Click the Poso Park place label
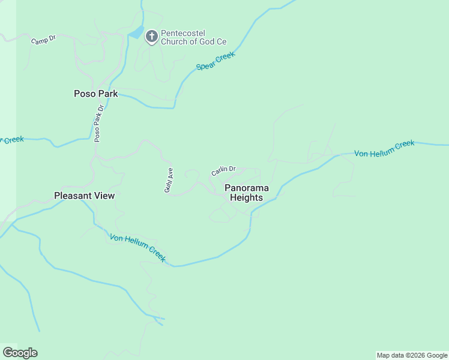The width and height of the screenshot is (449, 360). click(95, 94)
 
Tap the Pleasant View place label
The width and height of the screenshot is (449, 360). click(84, 196)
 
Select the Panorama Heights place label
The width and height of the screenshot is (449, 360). click(247, 193)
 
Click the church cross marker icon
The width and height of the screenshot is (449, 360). click(152, 37)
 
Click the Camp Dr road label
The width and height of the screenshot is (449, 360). click(43, 40)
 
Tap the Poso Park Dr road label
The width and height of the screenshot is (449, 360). click(99, 123)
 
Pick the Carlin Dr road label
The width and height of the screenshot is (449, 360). click(223, 171)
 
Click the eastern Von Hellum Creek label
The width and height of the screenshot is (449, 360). click(384, 149)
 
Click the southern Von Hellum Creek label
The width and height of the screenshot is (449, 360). click(137, 247)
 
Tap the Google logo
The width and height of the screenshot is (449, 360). click(20, 353)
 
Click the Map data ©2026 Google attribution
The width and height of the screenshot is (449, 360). click(412, 355)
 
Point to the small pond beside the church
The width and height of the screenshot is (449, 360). click(137, 32)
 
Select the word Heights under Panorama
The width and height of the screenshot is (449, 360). click(247, 198)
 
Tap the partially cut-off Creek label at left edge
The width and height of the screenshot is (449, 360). click(12, 140)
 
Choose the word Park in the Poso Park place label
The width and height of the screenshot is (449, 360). click(107, 94)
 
